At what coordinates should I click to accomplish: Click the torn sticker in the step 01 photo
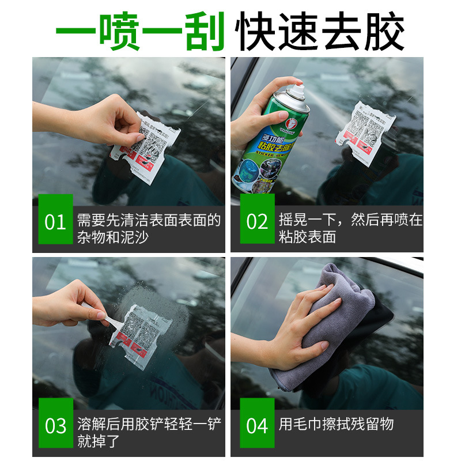(x=148, y=150)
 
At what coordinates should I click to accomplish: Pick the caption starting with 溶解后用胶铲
(x=149, y=432)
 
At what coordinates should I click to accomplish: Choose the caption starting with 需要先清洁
(x=149, y=228)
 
